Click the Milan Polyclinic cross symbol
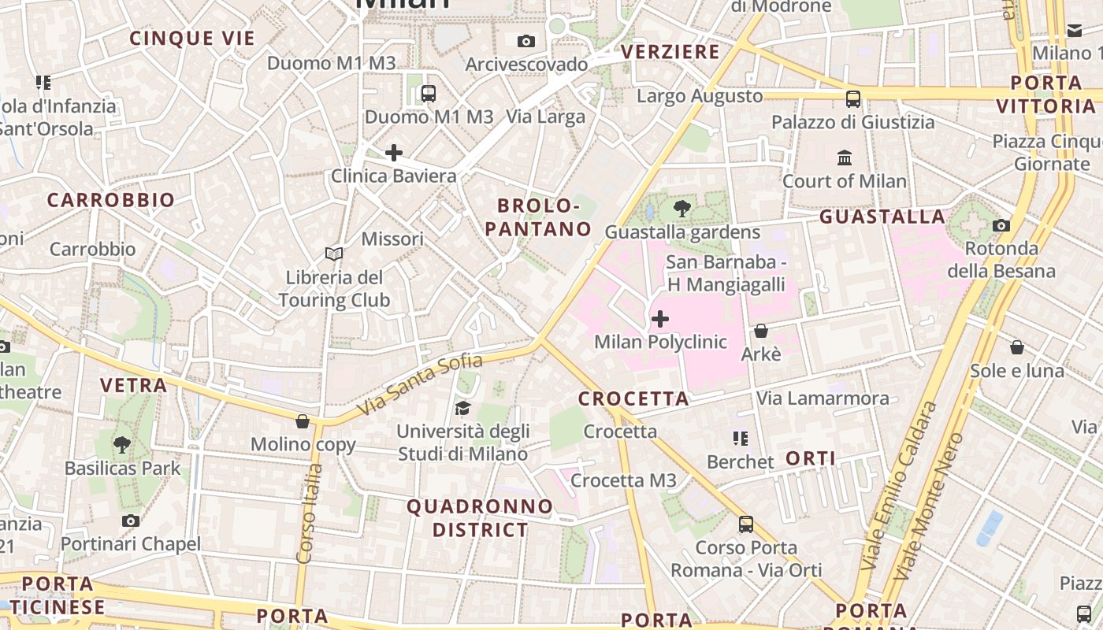[660, 319]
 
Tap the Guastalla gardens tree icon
[682, 209]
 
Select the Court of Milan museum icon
[845, 157]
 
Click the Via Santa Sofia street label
[419, 385]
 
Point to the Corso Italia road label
[310, 513]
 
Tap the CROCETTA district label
[634, 399]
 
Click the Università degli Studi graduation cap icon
[462, 408]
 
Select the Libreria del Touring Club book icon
[334, 254]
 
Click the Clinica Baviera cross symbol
[394, 152]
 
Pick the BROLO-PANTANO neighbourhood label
[539, 217]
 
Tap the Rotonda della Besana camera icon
[1001, 226]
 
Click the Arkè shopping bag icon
[761, 331]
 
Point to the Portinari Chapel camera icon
[131, 521]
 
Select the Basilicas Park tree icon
[122, 445]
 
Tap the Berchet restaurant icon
[740, 439]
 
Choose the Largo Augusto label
[700, 96]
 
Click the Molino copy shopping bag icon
[303, 421]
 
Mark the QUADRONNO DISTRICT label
[480, 517]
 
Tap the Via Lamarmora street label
[823, 398]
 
